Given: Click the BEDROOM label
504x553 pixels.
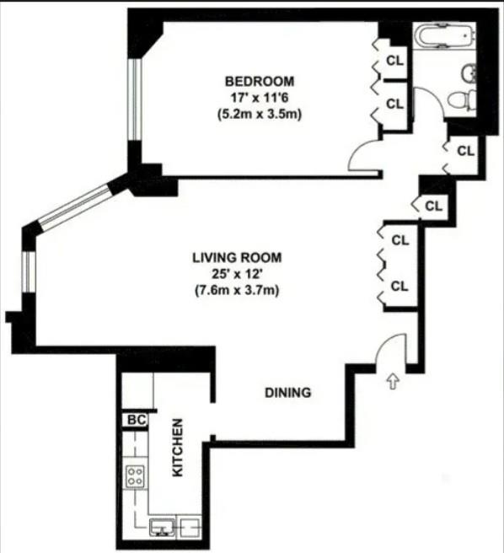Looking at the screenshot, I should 259,82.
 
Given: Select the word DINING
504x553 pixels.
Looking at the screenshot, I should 288,392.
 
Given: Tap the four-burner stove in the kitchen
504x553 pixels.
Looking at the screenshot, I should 135,476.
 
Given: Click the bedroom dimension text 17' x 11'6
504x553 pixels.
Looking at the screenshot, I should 259,98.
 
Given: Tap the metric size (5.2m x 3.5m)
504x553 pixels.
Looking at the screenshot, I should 259,114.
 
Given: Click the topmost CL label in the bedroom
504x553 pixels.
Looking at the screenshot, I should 394,61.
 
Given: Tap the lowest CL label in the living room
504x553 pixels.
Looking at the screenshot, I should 399,286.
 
